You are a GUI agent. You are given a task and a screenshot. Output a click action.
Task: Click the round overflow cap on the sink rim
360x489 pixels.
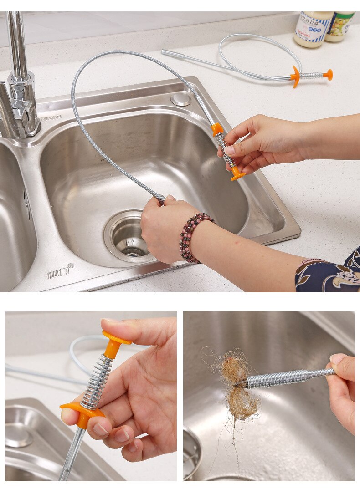[x=181, y=99]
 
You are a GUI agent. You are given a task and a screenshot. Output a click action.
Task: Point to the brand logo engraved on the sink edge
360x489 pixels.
[x=60, y=272]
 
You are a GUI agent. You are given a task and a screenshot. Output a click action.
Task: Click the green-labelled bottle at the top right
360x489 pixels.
[x=340, y=26]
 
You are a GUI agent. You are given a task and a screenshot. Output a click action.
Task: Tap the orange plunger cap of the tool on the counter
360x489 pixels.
[x=328, y=75]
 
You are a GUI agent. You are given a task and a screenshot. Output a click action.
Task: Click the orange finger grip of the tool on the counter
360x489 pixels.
[x=295, y=76]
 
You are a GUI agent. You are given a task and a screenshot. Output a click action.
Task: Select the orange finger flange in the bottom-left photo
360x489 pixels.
[x=82, y=412]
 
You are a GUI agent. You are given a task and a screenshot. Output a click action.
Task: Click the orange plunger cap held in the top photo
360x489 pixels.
[x=237, y=173]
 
